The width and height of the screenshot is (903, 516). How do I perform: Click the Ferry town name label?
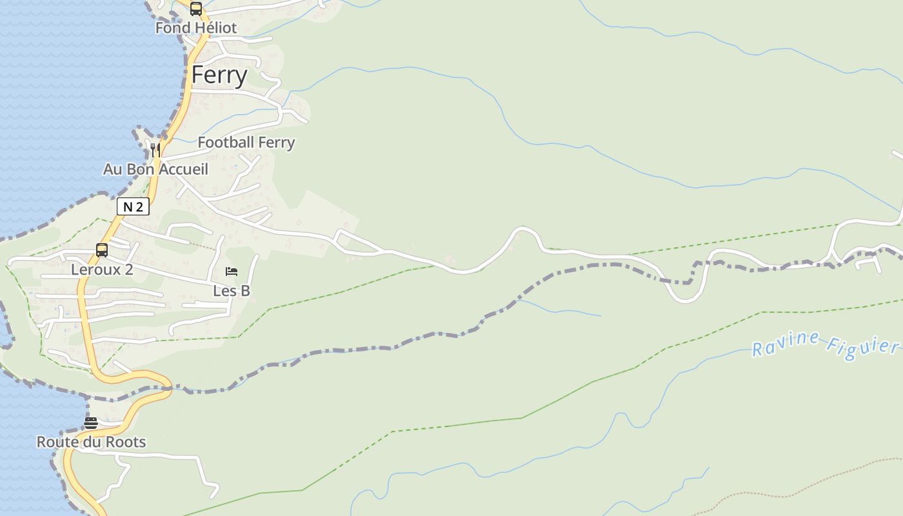(219, 75)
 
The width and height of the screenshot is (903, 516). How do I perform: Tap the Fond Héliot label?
(196, 28)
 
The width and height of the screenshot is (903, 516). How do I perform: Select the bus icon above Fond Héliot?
(196, 9)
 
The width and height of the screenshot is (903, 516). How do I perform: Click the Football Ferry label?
(246, 143)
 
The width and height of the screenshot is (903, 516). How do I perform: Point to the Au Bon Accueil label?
(155, 169)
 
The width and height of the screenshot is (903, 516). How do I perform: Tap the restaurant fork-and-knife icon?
(155, 150)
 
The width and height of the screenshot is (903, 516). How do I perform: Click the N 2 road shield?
(133, 206)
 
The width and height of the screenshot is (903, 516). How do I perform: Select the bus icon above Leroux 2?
(102, 250)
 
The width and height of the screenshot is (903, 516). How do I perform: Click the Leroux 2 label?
(102, 270)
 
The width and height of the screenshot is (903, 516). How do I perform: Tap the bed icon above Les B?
(232, 272)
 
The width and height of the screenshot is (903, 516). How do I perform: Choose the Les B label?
(232, 291)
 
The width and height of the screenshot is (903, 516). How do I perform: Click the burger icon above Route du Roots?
(91, 423)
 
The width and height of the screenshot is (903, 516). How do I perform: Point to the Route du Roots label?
(91, 442)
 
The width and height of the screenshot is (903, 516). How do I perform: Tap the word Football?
(226, 143)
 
